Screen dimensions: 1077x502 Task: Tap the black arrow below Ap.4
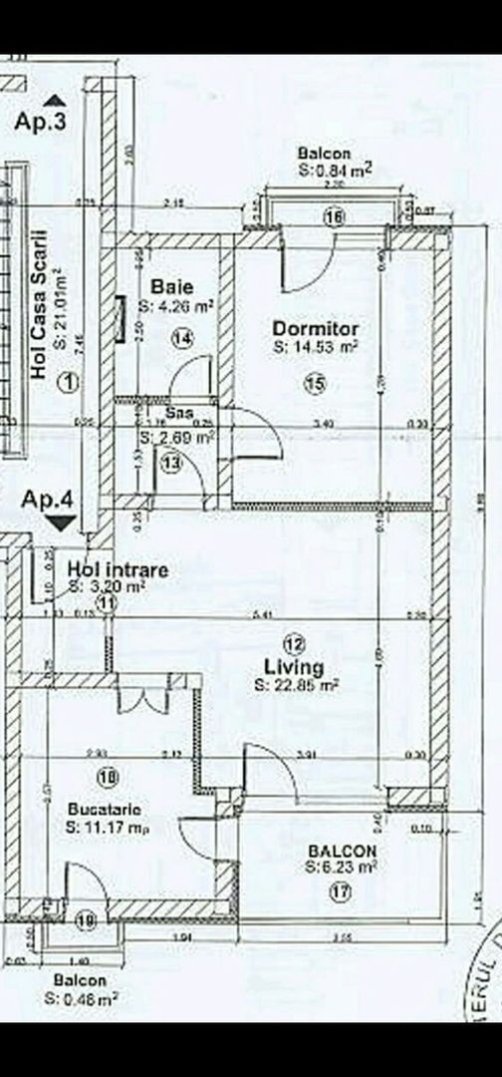coord(61,522)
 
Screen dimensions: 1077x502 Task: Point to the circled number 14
coord(181,339)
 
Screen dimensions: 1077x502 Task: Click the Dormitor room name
coord(316,328)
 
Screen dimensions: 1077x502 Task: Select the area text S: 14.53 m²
coord(315,347)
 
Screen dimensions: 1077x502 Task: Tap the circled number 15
coord(316,381)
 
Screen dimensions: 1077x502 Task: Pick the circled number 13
coord(172,463)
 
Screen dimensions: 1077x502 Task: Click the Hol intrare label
coord(118,569)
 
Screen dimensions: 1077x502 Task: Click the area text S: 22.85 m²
coord(296,685)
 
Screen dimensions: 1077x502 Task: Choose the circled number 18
coord(109,775)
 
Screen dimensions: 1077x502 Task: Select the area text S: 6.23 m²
coord(342,868)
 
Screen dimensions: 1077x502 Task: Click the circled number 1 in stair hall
coord(67,381)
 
